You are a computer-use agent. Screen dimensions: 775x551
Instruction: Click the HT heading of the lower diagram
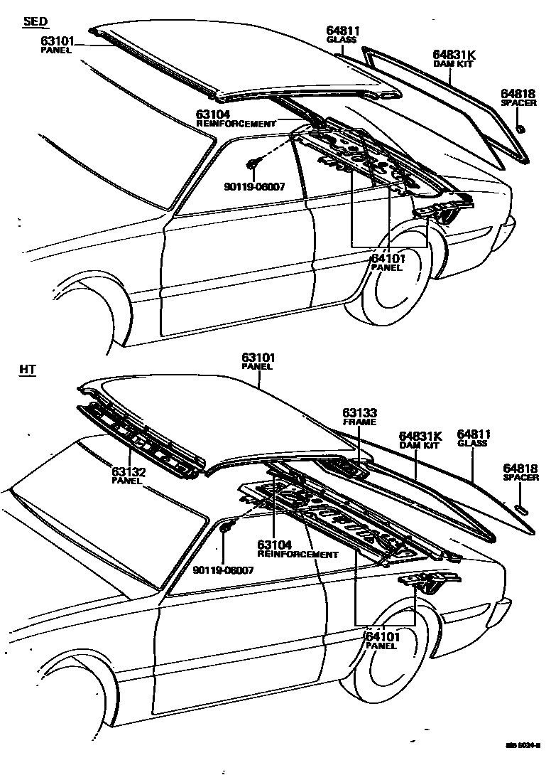coord(29,370)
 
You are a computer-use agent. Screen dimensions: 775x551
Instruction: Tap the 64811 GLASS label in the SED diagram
coord(343,35)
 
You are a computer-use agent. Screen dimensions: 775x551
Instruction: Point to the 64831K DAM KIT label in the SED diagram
coord(453,58)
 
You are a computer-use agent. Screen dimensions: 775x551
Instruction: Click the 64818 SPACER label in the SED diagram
coord(519,98)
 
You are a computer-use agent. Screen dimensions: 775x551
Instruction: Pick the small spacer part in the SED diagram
coord(520,129)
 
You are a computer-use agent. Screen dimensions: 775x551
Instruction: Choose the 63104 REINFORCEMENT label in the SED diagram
coord(235,118)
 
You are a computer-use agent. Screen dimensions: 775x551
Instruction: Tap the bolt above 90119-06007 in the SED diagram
coord(252,166)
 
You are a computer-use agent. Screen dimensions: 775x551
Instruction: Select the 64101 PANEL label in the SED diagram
coord(387,262)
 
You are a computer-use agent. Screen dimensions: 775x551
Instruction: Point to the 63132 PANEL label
coord(128,475)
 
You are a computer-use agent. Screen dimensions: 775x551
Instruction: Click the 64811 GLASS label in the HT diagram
coord(473,438)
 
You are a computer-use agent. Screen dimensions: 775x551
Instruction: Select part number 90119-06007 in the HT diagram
coord(223,570)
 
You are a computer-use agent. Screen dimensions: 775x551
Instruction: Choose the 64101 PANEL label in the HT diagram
coord(383,641)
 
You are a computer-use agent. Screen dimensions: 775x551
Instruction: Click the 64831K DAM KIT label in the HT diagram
coord(420,440)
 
